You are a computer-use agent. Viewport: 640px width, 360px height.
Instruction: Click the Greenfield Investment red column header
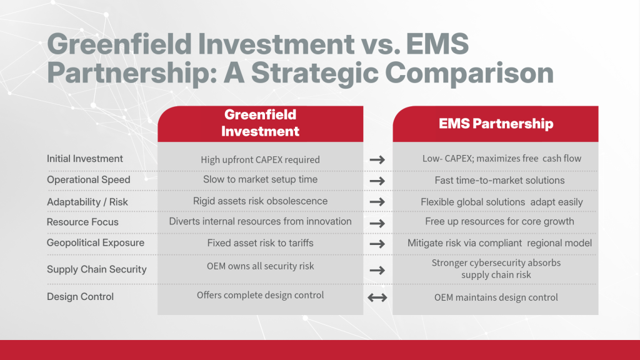(260, 123)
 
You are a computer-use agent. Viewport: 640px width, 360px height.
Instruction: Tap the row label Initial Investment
(85, 159)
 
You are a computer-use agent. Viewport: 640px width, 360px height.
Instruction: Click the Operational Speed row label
(89, 180)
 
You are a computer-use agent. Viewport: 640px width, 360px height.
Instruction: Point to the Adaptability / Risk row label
(91, 202)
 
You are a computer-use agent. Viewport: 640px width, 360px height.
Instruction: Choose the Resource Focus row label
(82, 222)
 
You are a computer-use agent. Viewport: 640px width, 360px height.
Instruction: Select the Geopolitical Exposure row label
(96, 242)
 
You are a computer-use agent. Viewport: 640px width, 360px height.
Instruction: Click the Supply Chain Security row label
(97, 269)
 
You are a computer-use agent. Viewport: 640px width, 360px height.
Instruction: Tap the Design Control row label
(81, 296)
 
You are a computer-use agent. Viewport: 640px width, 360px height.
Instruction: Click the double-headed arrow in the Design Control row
(377, 297)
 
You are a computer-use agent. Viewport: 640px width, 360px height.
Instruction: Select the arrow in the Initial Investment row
(377, 159)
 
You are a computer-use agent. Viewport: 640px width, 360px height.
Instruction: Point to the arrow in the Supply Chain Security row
(377, 270)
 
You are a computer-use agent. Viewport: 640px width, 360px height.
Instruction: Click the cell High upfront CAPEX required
(260, 159)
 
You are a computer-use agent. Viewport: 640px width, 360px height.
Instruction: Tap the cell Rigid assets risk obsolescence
(260, 201)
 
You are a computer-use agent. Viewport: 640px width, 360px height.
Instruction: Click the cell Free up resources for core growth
(497, 221)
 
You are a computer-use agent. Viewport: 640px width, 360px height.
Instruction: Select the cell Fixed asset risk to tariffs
(260, 242)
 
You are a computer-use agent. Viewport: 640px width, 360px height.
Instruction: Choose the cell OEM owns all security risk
(260, 266)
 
